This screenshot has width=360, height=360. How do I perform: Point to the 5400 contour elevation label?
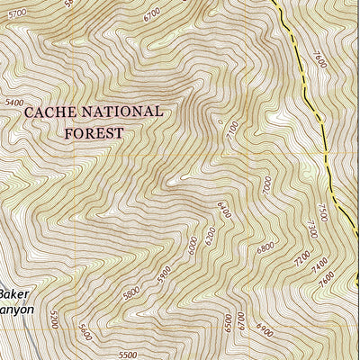(13, 103)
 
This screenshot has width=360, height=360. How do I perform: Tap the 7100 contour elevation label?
(233, 132)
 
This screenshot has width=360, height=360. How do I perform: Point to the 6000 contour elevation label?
(191, 244)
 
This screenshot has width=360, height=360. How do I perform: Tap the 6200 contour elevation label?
(209, 236)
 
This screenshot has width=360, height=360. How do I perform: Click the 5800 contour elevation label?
(131, 292)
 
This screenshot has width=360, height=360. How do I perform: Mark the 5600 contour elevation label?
(85, 332)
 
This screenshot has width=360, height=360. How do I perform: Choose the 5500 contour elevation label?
(126, 355)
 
